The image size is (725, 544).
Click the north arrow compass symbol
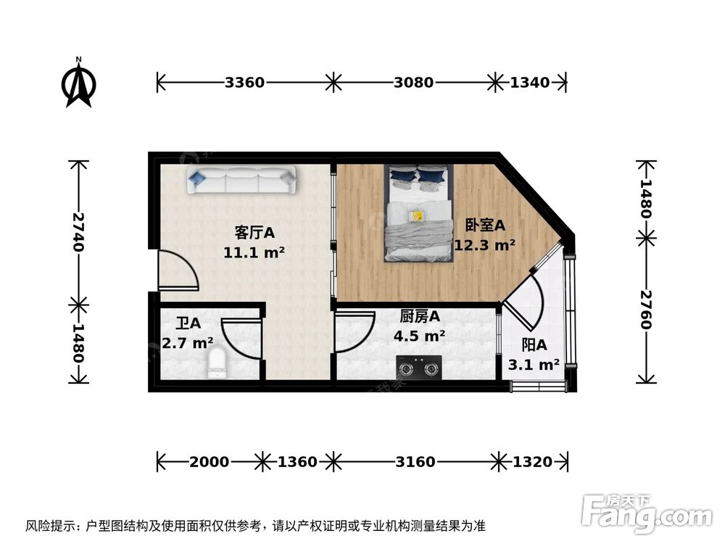(x=79, y=83)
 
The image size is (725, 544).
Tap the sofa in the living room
(x=241, y=180)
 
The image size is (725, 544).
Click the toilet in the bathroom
(x=217, y=363)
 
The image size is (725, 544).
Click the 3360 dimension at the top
(x=244, y=83)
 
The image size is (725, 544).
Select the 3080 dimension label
(x=413, y=83)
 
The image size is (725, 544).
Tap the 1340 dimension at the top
(x=529, y=83)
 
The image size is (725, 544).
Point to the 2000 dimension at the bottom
(x=210, y=462)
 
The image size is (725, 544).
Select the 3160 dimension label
(x=415, y=462)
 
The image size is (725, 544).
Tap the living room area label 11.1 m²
(x=254, y=252)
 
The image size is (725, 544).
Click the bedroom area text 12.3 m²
(x=484, y=245)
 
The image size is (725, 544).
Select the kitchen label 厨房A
(x=420, y=316)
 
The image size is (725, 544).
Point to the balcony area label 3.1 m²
(x=534, y=365)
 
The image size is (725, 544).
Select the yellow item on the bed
(x=416, y=215)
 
